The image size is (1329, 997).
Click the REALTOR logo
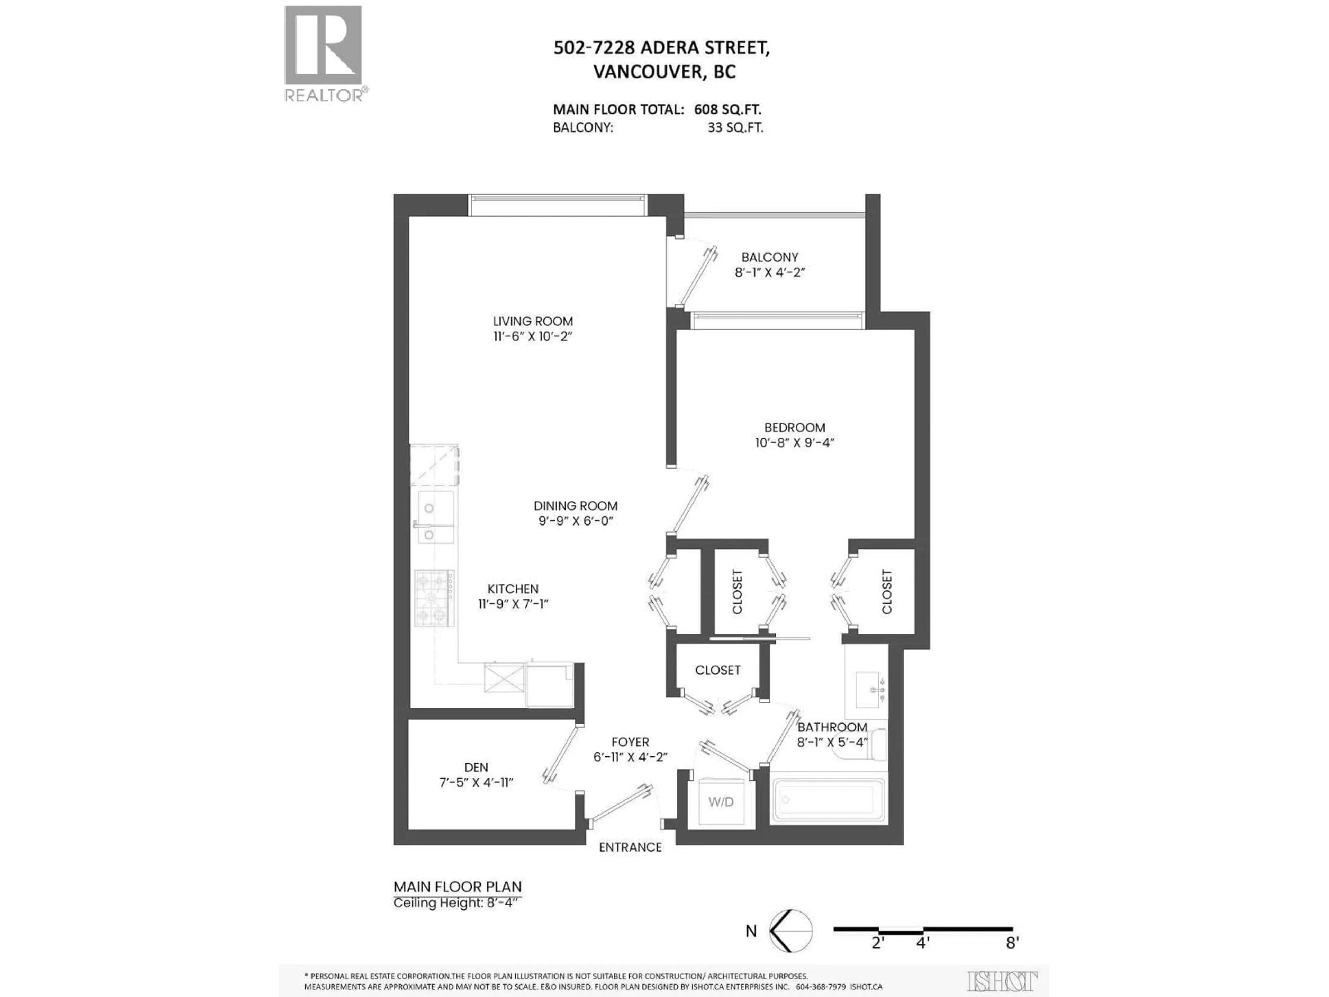323,53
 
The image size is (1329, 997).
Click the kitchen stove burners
434,598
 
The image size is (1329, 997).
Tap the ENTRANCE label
630,847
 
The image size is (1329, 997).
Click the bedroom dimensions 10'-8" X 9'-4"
794,443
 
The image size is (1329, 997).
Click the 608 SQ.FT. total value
727,109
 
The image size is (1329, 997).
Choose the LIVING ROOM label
533,322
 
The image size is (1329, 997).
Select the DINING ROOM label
576,506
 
